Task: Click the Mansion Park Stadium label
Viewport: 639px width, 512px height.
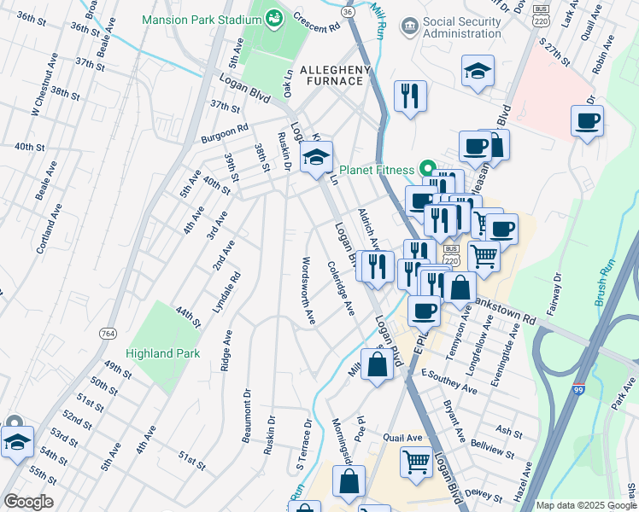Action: (x=190, y=19)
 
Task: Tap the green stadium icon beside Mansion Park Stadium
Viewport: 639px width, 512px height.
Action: (x=274, y=18)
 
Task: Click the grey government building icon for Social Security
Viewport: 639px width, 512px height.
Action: (x=409, y=26)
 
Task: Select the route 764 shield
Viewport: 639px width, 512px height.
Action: (x=107, y=332)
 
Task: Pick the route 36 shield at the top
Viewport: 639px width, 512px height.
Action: (x=345, y=12)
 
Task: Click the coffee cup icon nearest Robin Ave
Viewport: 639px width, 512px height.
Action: (x=587, y=120)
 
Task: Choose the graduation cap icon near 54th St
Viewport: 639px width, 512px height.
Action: (x=16, y=442)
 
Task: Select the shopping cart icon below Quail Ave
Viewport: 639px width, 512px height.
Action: (x=416, y=462)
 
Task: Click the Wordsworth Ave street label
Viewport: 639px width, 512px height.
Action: (x=308, y=290)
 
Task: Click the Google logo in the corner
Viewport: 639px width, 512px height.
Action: (x=28, y=501)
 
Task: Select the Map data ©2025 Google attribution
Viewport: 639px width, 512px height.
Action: (x=585, y=505)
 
